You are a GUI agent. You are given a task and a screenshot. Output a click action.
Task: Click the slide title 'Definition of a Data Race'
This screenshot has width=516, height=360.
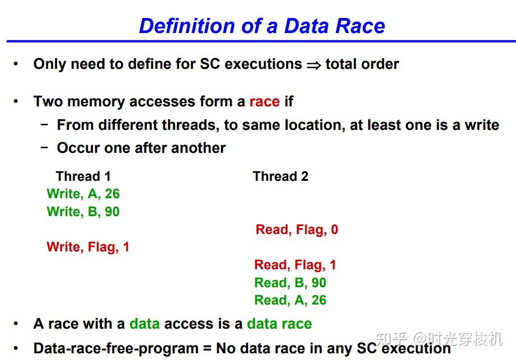click(x=262, y=26)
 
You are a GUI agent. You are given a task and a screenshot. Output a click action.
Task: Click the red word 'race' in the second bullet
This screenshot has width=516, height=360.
click(x=264, y=101)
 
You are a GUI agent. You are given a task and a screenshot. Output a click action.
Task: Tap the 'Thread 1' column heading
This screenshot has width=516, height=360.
click(x=83, y=176)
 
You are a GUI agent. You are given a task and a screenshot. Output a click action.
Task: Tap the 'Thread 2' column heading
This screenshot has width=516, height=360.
click(x=280, y=176)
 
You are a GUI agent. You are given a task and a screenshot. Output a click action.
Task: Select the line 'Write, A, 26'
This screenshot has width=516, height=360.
click(x=83, y=194)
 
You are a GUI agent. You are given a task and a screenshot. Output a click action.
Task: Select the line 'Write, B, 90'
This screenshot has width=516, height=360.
click(x=83, y=212)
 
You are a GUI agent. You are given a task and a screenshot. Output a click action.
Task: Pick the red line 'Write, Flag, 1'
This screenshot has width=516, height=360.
click(x=88, y=247)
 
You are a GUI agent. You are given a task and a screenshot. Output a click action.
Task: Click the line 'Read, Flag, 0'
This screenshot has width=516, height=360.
click(x=297, y=230)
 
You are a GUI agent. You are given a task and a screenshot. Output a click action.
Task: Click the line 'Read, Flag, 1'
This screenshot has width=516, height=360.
click(x=295, y=265)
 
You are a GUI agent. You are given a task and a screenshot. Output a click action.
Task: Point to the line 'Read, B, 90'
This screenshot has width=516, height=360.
click(x=290, y=283)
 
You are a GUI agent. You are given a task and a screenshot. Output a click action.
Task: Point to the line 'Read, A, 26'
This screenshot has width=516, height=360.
click(x=290, y=300)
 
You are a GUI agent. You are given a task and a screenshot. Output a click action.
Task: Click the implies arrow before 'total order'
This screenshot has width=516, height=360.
click(x=313, y=65)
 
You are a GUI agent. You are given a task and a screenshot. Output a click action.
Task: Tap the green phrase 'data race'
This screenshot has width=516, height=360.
click(x=279, y=324)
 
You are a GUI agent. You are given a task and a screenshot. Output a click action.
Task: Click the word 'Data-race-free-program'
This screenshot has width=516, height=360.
click(x=116, y=349)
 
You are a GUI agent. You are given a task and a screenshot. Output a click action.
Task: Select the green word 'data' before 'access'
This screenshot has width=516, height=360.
click(x=144, y=324)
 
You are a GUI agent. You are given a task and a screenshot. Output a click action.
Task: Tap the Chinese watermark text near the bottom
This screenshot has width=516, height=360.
click(x=439, y=339)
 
